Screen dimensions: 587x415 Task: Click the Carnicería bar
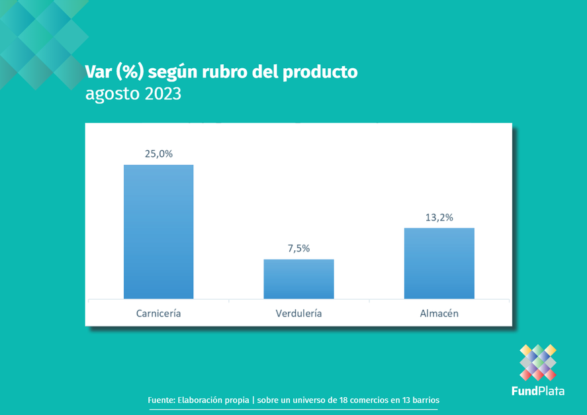(x=159, y=232)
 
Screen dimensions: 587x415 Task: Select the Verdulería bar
(x=298, y=279)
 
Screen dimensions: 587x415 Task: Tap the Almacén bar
(x=439, y=263)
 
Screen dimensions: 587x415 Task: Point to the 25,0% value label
(x=159, y=154)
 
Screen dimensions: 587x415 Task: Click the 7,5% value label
(x=298, y=248)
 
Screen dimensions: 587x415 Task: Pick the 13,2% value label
(x=439, y=218)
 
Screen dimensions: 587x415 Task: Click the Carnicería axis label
(x=158, y=313)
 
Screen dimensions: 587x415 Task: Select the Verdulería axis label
(x=298, y=313)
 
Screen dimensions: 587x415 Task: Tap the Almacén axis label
(x=439, y=313)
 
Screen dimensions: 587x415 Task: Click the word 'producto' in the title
(x=320, y=72)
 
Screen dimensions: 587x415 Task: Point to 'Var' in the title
(x=99, y=72)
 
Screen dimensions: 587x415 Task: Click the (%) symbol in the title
(x=130, y=72)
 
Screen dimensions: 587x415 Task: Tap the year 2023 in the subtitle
(x=163, y=93)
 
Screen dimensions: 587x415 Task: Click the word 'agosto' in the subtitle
(x=113, y=95)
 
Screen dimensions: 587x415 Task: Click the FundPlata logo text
(x=538, y=391)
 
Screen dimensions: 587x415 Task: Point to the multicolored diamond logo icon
(x=538, y=362)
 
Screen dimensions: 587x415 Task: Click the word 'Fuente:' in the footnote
(x=161, y=400)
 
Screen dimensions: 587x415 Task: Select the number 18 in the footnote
(x=343, y=400)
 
